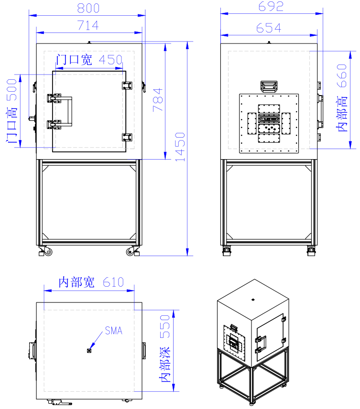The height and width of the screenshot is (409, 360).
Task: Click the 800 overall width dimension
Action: pos(88,8)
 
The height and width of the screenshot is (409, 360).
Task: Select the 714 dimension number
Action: pos(88,26)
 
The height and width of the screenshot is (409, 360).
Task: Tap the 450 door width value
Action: pos(110,60)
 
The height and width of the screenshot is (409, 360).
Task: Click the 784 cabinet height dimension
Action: pos(157,100)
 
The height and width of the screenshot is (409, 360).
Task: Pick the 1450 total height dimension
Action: pos(180,147)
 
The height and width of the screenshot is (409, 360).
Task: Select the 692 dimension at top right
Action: pos(271,6)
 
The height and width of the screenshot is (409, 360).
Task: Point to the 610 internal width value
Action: pos(113,282)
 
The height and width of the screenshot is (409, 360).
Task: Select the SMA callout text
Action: pos(113,330)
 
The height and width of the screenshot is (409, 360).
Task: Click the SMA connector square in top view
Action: pos(89,351)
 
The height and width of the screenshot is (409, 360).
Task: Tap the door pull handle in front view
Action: pos(69,112)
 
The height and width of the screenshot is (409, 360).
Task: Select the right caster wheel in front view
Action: pos(131,251)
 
